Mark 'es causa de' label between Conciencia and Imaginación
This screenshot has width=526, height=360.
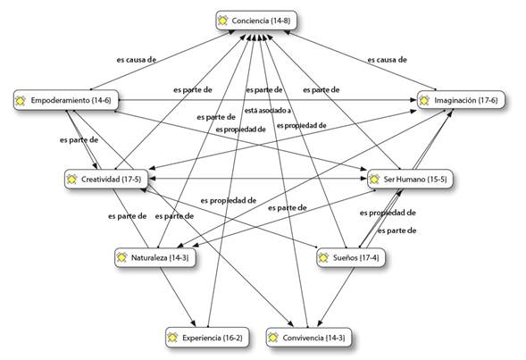click(387, 60)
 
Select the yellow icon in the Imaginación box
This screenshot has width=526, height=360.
click(425, 101)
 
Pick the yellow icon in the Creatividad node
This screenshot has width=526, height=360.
click(71, 180)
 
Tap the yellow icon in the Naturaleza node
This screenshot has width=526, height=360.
click(122, 257)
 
